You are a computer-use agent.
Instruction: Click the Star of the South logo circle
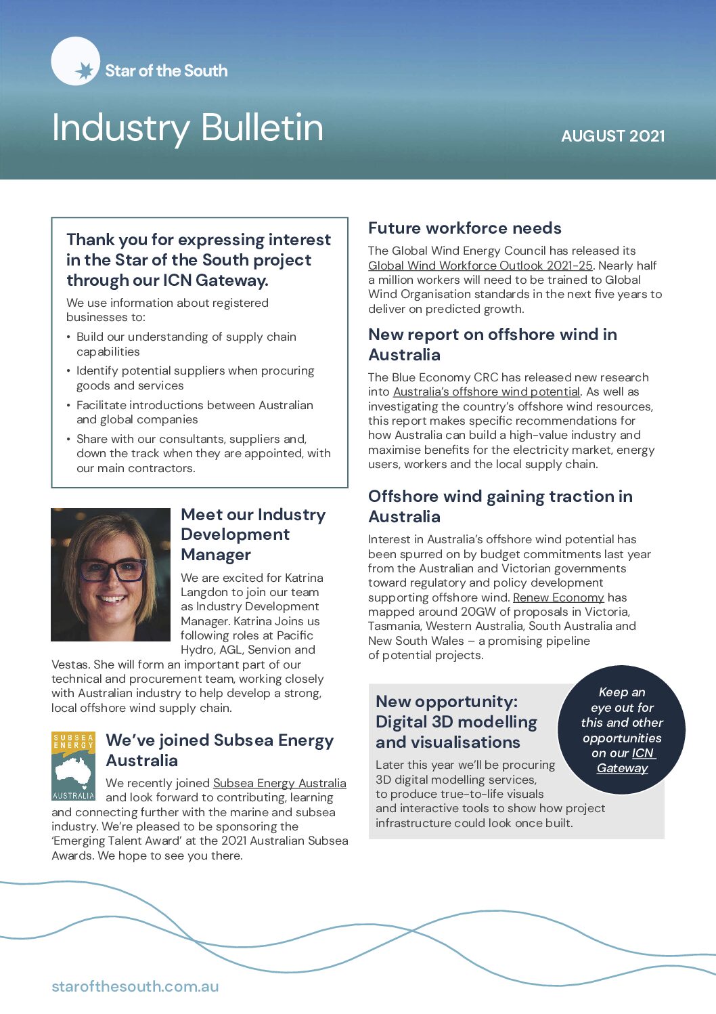point(76,62)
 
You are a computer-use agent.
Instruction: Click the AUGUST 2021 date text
point(612,136)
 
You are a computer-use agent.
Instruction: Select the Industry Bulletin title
point(187,127)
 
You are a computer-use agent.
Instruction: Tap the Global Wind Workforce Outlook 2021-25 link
point(480,266)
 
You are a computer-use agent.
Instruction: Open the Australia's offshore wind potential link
point(486,392)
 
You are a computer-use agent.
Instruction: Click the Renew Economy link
point(558,597)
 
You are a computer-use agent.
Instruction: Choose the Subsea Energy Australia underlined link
point(279,783)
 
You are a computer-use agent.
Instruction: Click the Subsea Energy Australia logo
point(73,765)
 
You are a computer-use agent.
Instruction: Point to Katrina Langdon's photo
point(110,574)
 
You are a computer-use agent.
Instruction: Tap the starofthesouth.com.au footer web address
point(135,986)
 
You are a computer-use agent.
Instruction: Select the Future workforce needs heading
point(464,228)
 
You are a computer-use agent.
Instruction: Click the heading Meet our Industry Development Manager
point(252,534)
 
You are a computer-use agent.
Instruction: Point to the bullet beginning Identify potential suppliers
point(195,378)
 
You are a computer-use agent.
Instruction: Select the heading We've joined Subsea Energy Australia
point(219,750)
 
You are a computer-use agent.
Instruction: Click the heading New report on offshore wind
point(492,344)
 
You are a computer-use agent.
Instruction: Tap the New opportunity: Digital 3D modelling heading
point(456,721)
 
